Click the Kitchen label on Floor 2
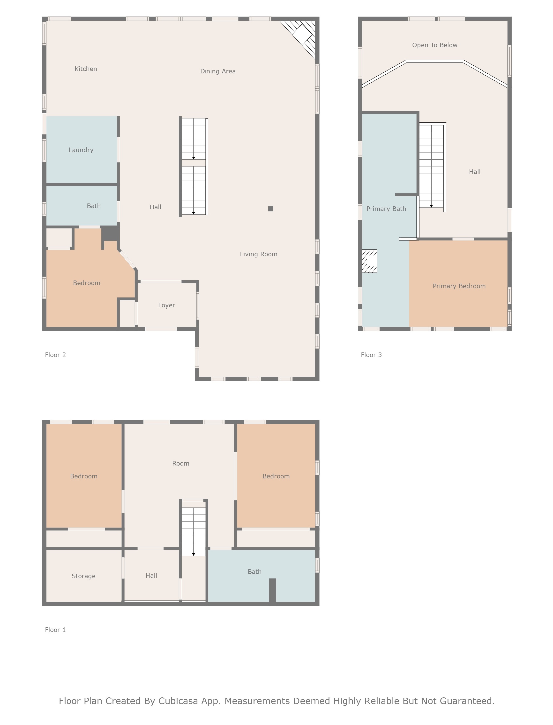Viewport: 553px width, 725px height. pyautogui.click(x=86, y=69)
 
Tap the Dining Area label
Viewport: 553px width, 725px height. pyautogui.click(x=218, y=71)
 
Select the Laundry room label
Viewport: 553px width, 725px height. pyautogui.click(x=81, y=150)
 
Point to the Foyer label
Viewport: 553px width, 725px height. pyautogui.click(x=167, y=305)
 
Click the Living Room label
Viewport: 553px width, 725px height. pyautogui.click(x=258, y=254)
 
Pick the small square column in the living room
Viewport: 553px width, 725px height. pyautogui.click(x=271, y=209)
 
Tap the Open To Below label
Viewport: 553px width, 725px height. pyautogui.click(x=434, y=45)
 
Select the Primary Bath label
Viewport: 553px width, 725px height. pyautogui.click(x=386, y=209)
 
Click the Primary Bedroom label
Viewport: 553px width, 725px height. pyautogui.click(x=459, y=286)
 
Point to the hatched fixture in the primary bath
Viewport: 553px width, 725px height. pyautogui.click(x=370, y=261)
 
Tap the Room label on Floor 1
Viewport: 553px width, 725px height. pyautogui.click(x=181, y=463)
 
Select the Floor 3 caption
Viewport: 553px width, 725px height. pyautogui.click(x=371, y=355)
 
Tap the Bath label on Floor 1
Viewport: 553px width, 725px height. pyautogui.click(x=254, y=572)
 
